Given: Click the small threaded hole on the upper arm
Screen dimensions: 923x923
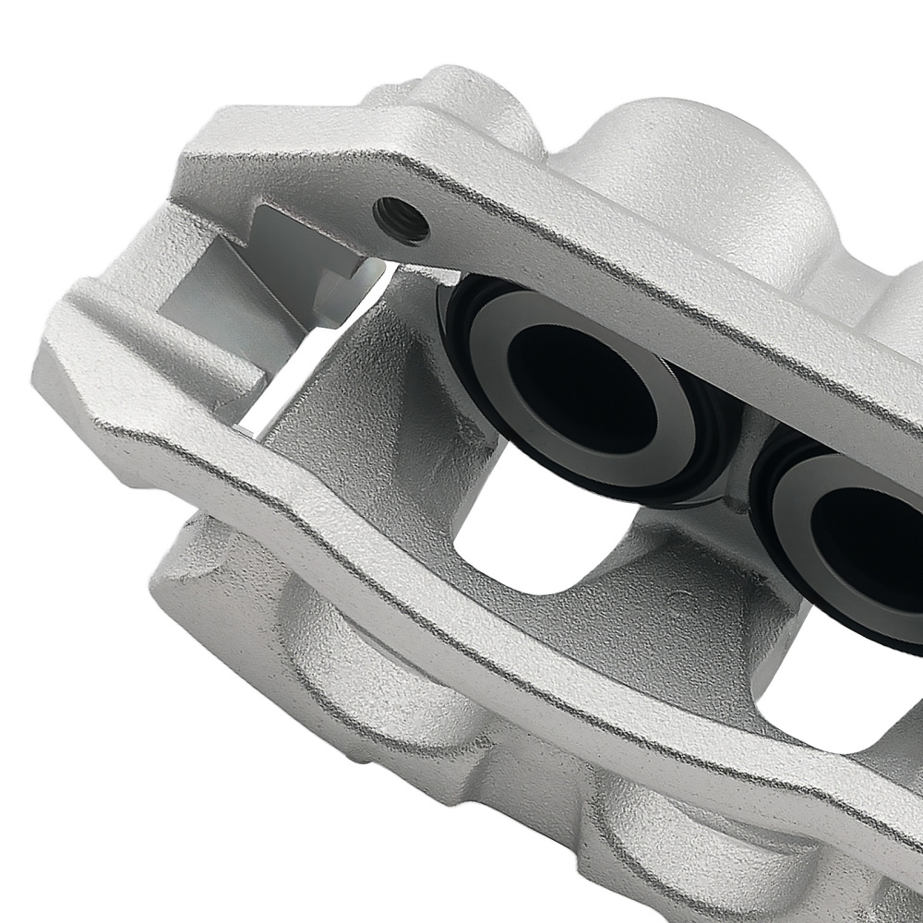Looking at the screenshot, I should [x=402, y=220].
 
